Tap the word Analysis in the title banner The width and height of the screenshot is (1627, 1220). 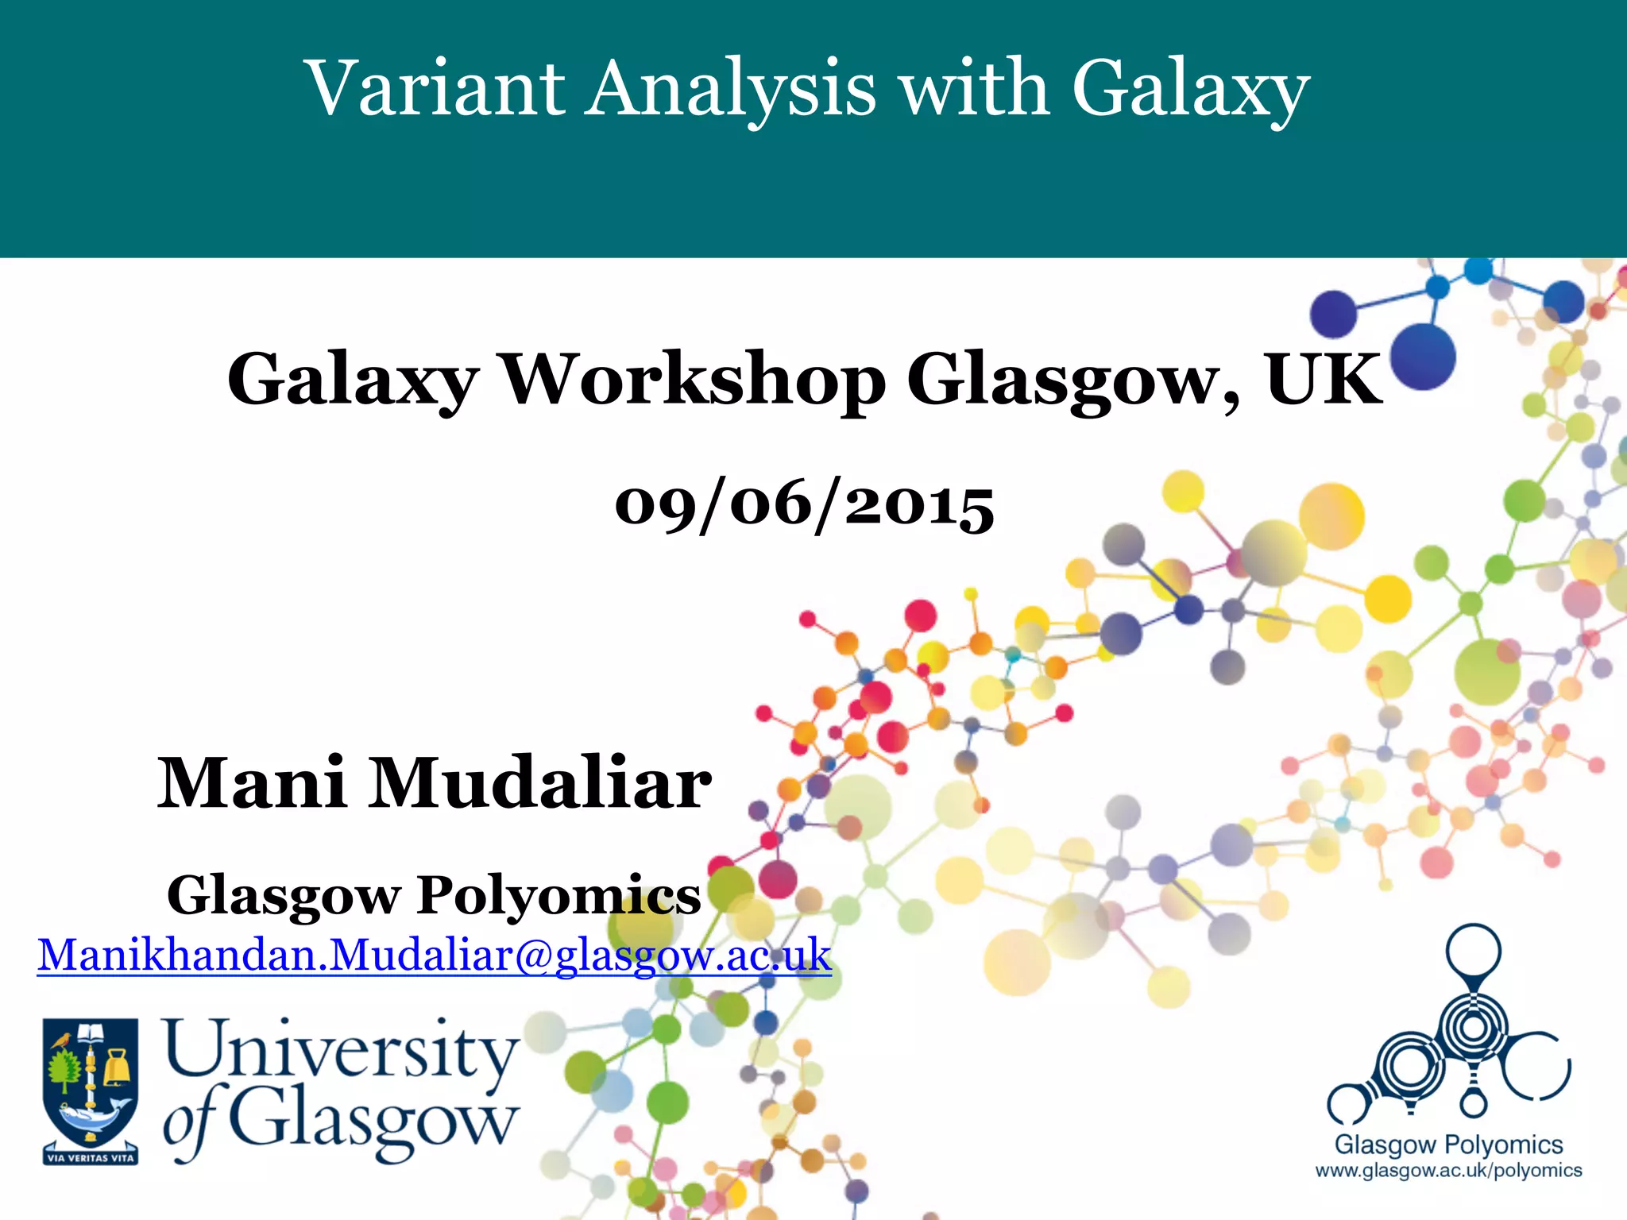731,89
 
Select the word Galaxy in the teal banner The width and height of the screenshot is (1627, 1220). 1189,89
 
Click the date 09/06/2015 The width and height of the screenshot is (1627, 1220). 804,505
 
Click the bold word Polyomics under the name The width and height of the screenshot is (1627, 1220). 558,896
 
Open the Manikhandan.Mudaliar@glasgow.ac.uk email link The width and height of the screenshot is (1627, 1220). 434,956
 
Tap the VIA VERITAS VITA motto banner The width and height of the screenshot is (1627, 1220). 90,1156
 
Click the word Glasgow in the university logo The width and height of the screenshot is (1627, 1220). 373,1122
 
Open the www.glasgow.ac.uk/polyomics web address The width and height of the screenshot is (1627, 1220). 1448,1171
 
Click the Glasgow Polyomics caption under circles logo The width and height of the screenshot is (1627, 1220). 1448,1145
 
